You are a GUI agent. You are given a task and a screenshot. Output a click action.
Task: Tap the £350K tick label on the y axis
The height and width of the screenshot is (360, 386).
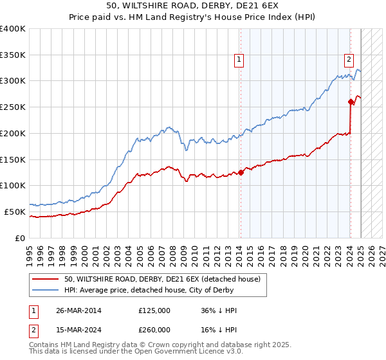pos(13,55)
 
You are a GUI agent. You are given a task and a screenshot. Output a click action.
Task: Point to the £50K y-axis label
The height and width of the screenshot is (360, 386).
pos(15,212)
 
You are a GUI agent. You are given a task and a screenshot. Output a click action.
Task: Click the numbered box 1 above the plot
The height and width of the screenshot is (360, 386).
pos(239,60)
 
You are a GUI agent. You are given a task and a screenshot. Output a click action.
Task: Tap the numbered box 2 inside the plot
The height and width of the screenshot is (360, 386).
pos(349,60)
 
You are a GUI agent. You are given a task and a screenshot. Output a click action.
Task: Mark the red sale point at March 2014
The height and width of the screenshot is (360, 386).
pos(241,172)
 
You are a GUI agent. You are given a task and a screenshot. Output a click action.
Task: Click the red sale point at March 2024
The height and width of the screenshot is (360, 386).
pos(351,101)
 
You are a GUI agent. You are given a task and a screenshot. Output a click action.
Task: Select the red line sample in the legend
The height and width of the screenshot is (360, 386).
pos(46,279)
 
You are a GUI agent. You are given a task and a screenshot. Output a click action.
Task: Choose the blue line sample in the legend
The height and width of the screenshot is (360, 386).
pos(46,291)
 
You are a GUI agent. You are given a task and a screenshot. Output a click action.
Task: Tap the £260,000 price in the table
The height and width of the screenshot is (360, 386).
pos(154,330)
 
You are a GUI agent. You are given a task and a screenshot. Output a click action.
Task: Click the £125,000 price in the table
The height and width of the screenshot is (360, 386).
pos(154,310)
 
